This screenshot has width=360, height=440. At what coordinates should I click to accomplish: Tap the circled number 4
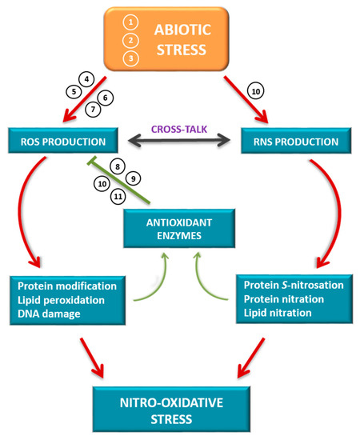click(x=86, y=79)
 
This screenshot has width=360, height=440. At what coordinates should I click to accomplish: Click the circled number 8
click(x=118, y=166)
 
